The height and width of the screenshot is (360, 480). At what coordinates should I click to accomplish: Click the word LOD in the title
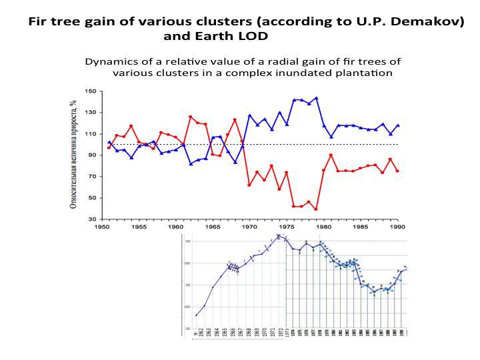255,36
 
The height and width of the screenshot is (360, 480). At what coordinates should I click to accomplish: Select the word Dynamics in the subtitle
109,61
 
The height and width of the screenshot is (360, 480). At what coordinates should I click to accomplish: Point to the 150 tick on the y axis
91,91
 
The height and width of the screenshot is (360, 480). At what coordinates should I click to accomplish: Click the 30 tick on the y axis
93,219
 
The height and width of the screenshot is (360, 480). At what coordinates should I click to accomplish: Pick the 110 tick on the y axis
91,134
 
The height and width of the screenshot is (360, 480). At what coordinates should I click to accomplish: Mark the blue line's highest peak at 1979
316,98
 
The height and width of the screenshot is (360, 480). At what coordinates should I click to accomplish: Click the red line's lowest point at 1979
316,209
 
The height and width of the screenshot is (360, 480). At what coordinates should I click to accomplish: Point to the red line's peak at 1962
190,117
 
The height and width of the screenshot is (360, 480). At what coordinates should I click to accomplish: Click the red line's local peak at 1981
331,155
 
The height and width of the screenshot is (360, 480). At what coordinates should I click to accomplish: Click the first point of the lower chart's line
196,315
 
